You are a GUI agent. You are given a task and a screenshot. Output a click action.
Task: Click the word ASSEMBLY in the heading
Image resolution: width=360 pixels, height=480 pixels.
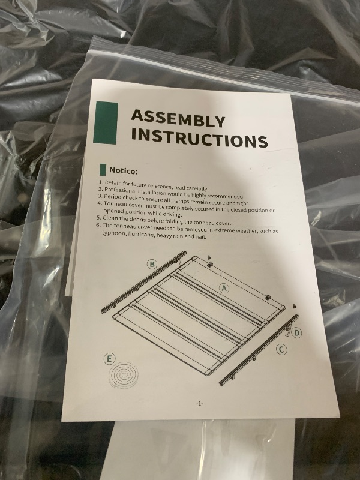tap(178, 118)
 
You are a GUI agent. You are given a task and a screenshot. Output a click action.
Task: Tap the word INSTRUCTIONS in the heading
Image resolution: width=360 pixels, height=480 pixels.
tap(200, 139)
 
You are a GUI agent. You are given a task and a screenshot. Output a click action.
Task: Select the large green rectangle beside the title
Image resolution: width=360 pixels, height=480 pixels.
tap(106, 123)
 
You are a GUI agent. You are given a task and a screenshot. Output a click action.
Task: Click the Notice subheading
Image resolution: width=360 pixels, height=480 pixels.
tap(123, 171)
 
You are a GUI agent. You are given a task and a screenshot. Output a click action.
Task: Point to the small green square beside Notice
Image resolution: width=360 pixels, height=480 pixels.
tap(103, 170)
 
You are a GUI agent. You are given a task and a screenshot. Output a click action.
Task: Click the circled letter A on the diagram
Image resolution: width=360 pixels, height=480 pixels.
tap(224, 289)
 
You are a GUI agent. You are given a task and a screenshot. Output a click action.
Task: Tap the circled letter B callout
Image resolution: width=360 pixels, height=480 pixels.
tap(152, 264)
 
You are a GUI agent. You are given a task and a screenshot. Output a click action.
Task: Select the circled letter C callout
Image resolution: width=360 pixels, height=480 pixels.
tap(281, 349)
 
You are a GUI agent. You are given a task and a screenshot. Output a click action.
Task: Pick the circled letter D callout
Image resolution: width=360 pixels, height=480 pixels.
tap(296, 333)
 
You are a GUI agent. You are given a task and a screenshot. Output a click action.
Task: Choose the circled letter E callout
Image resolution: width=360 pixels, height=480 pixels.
tap(109, 359)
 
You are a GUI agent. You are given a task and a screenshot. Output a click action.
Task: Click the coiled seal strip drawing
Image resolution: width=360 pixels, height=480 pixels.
tap(124, 376)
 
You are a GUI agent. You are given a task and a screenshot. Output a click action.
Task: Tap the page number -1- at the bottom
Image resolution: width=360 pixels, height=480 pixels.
tap(199, 404)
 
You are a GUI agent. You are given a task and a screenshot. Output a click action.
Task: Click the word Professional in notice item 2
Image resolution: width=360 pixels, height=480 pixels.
tap(120, 190)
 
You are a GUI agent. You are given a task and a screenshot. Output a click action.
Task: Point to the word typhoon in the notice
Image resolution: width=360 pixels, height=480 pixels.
tap(113, 233)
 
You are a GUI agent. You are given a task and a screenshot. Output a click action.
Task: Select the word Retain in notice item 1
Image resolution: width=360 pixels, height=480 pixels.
tap(113, 183)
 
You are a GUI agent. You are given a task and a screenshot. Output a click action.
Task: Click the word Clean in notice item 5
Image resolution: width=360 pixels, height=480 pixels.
tap(110, 218)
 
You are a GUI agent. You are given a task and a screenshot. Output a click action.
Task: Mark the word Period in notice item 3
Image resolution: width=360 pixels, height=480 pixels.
tap(112, 197)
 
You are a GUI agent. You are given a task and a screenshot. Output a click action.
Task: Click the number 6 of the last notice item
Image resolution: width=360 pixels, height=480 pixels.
tap(98, 225)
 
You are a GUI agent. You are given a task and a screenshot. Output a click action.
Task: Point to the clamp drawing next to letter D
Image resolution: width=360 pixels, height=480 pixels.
tap(288, 331)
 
